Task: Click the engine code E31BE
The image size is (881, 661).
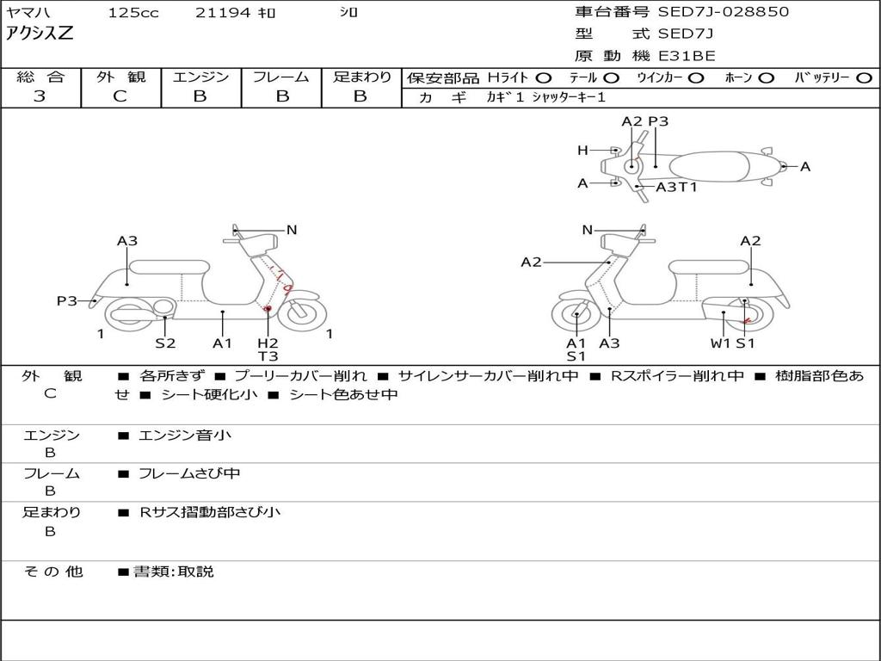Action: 687,56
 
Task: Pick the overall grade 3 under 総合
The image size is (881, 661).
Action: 40,96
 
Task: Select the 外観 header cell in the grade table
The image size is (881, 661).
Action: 120,77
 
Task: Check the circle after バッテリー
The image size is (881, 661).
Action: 864,77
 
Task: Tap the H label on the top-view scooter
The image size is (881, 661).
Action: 582,151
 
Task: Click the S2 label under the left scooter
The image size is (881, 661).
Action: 165,343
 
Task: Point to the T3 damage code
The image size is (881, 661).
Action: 268,356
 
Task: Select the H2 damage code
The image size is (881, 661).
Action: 268,343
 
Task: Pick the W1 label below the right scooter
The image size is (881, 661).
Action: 720,343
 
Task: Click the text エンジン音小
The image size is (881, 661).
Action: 185,436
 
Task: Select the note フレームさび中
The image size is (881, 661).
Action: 189,473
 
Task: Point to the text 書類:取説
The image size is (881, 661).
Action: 173,571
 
